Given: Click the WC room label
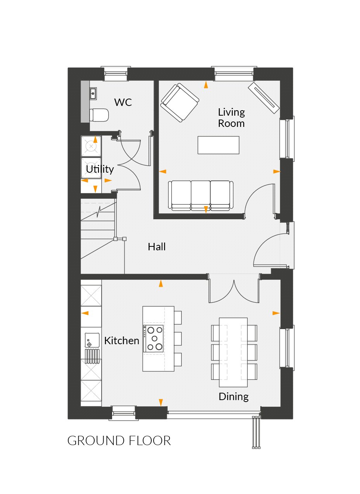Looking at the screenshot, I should [123, 102].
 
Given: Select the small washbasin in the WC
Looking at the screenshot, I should [93, 93].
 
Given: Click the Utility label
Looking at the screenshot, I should [100, 169].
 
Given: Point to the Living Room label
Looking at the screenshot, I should [231, 118].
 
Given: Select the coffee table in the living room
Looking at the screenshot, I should [218, 145].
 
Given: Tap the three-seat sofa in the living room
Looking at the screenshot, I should [201, 195].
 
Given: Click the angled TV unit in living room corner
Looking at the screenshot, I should [264, 97].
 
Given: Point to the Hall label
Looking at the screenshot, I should [157, 247].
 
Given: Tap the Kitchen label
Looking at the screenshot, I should [121, 341].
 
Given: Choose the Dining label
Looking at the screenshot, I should [233, 397].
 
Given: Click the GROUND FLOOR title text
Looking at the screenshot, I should [119, 441].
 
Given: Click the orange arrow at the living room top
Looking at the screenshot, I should [206, 85].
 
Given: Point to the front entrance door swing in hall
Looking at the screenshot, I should [268, 250].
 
